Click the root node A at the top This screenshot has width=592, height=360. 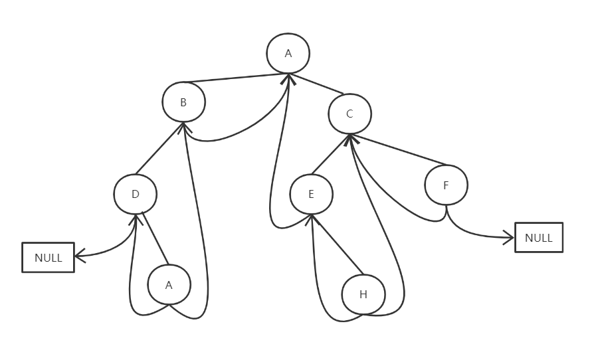288,53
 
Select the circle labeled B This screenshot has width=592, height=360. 183,102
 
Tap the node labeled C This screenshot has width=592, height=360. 349,114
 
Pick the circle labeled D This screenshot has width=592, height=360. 135,195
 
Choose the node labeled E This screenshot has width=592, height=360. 311,195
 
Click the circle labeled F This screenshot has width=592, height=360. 446,185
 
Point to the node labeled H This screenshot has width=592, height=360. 363,294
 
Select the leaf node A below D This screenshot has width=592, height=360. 169,285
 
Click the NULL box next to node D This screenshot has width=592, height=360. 48,258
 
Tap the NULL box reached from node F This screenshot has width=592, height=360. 538,238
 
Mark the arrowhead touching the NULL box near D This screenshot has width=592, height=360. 79,255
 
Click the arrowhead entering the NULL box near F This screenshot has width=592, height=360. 510,236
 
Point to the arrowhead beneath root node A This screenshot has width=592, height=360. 288,79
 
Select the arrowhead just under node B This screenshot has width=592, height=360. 183,127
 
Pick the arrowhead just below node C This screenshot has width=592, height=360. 350,139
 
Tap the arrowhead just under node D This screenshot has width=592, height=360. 136,219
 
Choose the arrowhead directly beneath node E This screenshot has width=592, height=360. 311,219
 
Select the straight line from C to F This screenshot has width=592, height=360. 399,151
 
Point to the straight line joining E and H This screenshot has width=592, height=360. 338,244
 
